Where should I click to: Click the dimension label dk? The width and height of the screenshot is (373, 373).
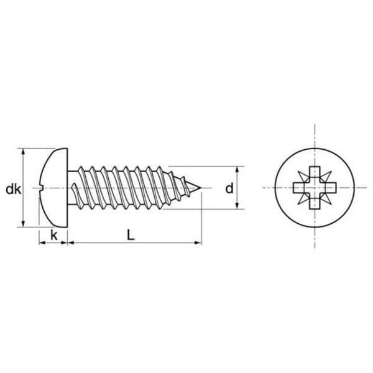coord(14,190)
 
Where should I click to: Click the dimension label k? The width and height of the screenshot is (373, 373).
coord(54,235)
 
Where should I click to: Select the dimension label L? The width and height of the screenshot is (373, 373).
coord(131,235)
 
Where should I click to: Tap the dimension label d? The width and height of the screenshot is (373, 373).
coord(229,188)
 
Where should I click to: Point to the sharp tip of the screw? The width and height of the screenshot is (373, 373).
coord(201,188)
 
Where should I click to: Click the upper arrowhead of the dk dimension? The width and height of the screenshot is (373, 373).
coord(23,152)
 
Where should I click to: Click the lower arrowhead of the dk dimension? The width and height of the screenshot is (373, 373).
coord(23,224)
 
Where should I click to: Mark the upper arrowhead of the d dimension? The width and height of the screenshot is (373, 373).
coord(237,170)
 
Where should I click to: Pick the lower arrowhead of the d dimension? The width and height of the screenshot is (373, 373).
coord(237,206)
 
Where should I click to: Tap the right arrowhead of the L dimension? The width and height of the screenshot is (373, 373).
coord(198,242)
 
